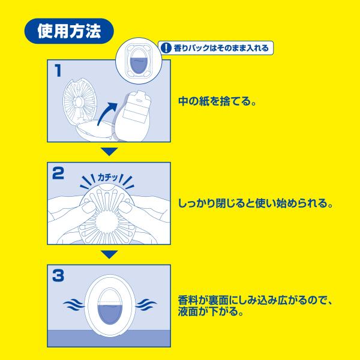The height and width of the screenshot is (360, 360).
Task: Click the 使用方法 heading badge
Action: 69,31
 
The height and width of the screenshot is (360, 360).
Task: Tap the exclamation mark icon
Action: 166,48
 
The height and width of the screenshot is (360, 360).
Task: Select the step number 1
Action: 58,70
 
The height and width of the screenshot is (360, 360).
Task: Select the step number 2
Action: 58,173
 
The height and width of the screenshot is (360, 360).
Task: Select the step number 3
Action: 58,275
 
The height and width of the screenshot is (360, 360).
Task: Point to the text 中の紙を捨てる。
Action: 217,101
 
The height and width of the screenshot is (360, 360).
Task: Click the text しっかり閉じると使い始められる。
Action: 256,203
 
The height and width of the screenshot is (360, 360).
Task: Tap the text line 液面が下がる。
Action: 211,311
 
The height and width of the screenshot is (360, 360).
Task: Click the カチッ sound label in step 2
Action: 108,177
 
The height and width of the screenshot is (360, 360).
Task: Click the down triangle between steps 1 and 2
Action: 109,152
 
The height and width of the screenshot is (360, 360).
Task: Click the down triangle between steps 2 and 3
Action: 109,254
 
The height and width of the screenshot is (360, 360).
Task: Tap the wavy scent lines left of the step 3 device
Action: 74,305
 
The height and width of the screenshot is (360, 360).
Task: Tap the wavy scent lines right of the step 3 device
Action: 146,305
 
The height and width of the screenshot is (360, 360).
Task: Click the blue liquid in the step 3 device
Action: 110,314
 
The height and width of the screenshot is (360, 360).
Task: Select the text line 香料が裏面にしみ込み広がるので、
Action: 256,301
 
